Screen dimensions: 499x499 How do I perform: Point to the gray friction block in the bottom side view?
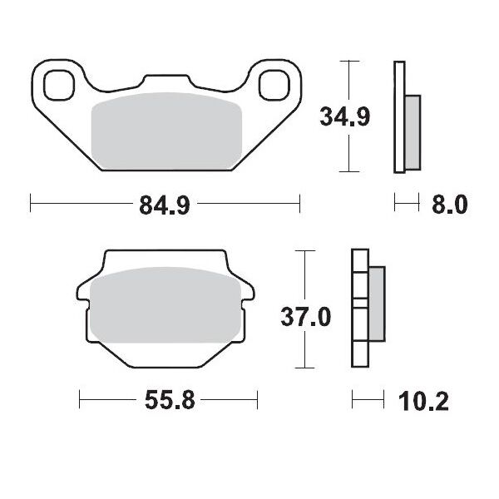[x=375, y=305]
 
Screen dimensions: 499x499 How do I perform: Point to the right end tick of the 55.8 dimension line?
[x=257, y=402]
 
